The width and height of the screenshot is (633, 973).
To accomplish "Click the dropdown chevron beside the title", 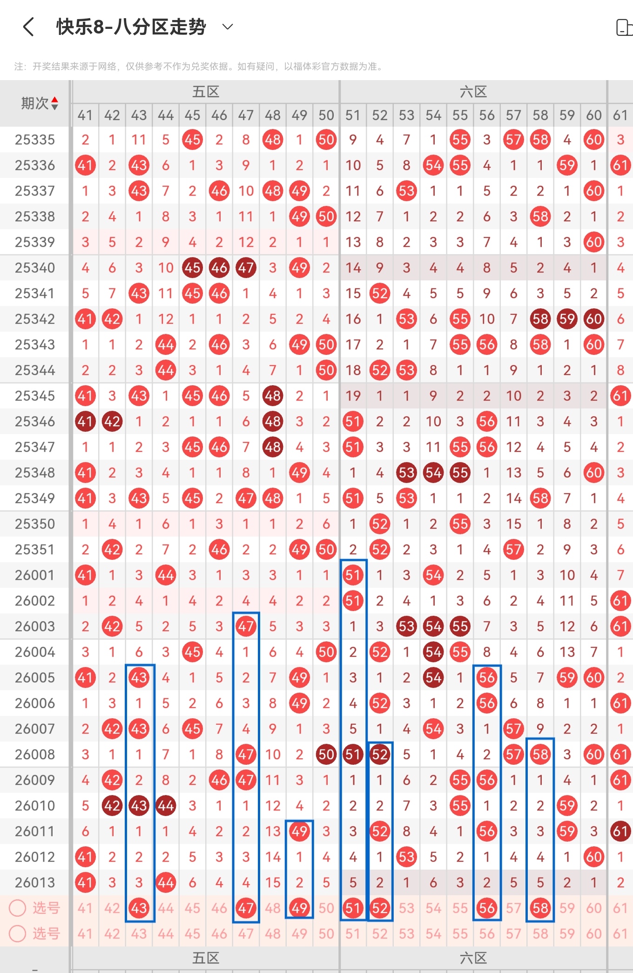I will click(x=228, y=27).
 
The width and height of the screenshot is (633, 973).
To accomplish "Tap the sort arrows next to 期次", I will click(x=55, y=103).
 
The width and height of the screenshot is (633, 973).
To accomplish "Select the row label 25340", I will click(x=35, y=268).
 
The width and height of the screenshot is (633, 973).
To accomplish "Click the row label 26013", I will click(x=35, y=882).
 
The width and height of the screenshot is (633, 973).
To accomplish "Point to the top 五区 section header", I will click(x=206, y=92).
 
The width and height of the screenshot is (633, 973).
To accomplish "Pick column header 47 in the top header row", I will click(x=246, y=115).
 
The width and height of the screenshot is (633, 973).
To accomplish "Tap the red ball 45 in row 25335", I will click(x=192, y=140).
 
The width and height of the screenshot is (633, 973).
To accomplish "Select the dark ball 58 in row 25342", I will click(x=540, y=319).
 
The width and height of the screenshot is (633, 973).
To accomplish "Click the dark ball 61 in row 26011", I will click(x=620, y=831).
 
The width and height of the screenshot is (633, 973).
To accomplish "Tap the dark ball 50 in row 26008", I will click(x=326, y=754).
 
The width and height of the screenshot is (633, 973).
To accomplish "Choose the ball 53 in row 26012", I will click(x=406, y=857).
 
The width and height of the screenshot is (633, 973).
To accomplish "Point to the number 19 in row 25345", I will click(x=353, y=396).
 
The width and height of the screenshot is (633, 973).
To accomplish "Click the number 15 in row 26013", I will click(x=273, y=882).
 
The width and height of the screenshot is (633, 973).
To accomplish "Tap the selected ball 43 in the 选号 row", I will click(x=139, y=908).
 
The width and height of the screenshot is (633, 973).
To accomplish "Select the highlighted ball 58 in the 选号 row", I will click(x=540, y=908).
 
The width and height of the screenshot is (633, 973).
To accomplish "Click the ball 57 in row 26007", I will click(x=513, y=728).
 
